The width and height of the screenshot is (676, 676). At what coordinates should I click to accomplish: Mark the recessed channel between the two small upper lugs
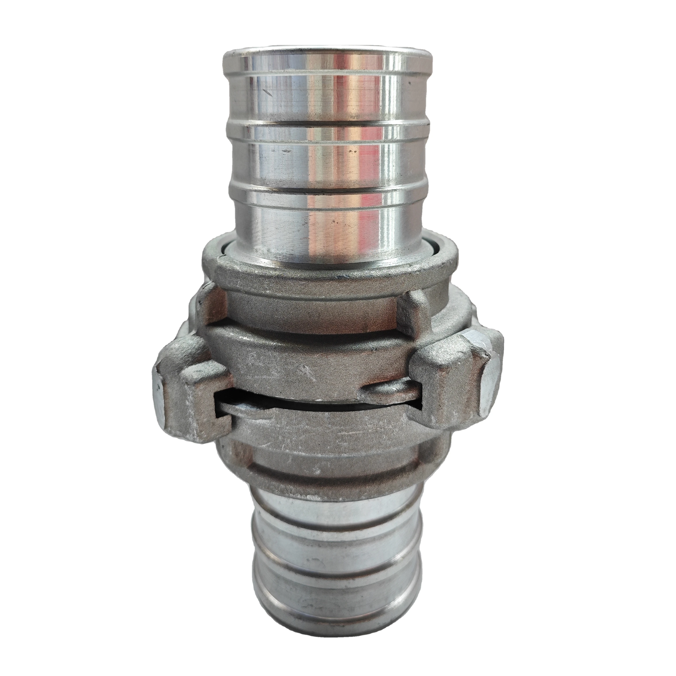pos(311,308)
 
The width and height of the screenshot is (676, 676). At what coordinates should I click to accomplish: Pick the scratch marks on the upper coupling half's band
pos(308,371)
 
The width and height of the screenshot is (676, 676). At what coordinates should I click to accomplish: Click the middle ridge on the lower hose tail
pos(336,574)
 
